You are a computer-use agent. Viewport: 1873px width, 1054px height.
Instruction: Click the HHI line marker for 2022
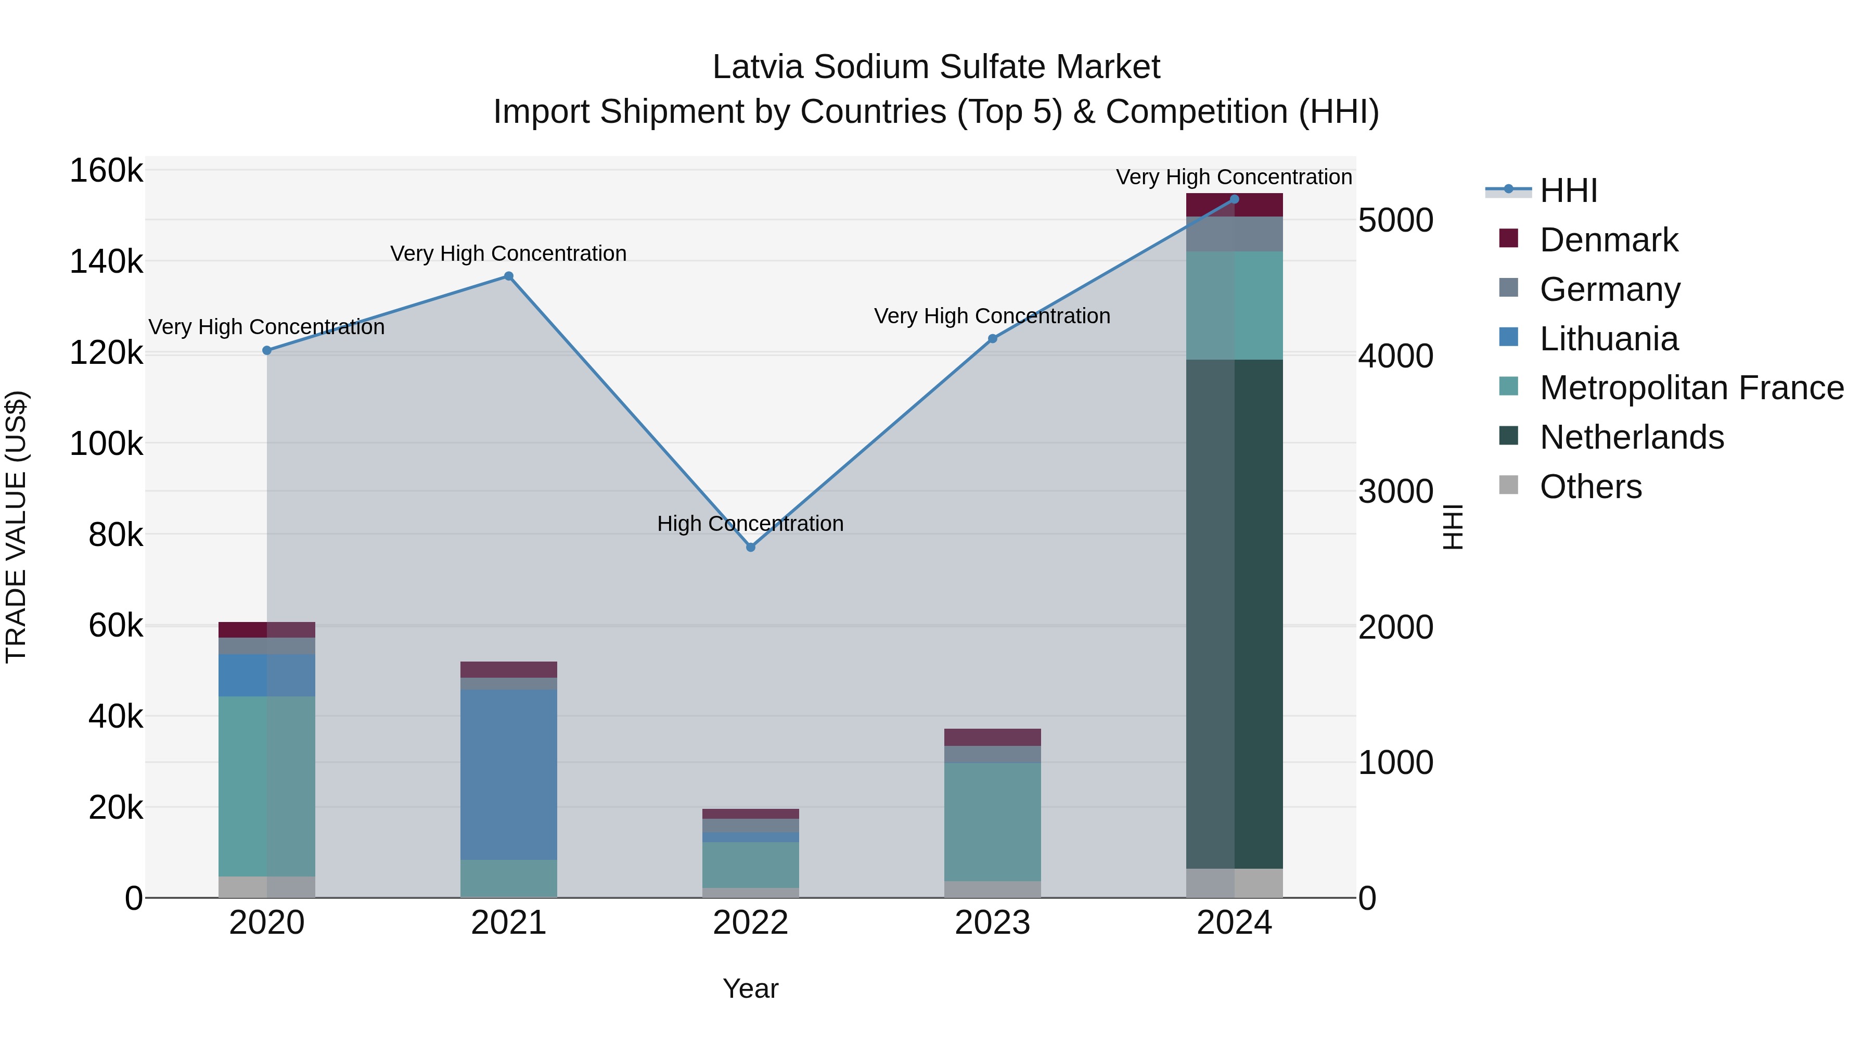(x=750, y=547)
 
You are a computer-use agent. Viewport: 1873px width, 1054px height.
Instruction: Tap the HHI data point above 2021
(x=509, y=276)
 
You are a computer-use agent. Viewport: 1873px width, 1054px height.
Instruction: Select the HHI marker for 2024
(x=1234, y=199)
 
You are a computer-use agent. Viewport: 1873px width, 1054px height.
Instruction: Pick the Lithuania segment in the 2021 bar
(x=509, y=774)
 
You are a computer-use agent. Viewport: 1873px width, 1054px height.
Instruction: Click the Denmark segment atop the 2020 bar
(x=267, y=630)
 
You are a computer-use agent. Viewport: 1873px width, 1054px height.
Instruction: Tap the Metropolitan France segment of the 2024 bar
(x=1234, y=306)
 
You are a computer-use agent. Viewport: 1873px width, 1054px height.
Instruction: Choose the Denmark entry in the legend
(x=1608, y=240)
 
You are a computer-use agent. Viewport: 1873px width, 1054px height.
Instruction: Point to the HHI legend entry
(x=1568, y=191)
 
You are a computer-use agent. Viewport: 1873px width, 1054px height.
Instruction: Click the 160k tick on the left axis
(x=106, y=172)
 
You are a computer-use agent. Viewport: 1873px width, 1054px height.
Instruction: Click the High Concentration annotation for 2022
(x=750, y=524)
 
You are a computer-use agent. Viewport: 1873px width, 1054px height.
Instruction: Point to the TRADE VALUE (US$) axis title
(x=16, y=527)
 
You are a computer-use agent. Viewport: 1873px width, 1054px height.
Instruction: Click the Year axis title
(x=750, y=988)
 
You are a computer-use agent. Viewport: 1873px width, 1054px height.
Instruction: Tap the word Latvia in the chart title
(x=759, y=67)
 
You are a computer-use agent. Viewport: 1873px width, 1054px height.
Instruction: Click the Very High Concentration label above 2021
(x=508, y=254)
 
